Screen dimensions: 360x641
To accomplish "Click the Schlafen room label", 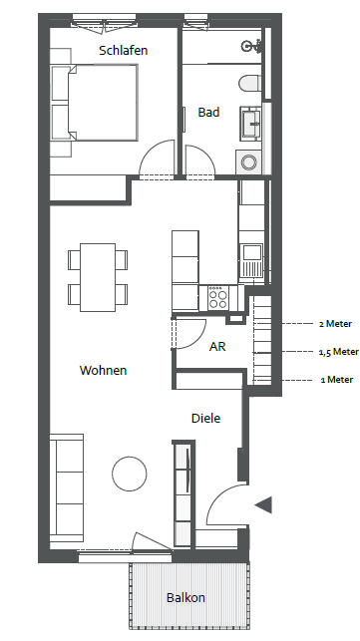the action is tap(123, 51).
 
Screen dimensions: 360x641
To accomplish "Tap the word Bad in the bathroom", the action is tap(208, 112).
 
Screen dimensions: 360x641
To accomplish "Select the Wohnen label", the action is tap(103, 371).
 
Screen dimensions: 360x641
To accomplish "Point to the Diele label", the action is tap(205, 419).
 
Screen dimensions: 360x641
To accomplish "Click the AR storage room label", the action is tap(217, 347).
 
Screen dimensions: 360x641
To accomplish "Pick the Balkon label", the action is tap(185, 598).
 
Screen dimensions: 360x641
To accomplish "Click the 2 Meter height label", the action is tap(335, 324).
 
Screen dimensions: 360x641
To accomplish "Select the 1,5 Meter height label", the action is tap(339, 352).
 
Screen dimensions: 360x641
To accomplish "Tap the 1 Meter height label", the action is tap(337, 380).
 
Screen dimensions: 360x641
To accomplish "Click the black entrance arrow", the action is tap(263, 504).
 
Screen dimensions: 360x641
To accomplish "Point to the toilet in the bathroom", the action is tap(249, 84).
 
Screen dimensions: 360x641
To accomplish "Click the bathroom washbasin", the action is tap(250, 123).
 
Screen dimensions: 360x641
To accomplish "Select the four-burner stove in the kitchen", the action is tap(218, 298).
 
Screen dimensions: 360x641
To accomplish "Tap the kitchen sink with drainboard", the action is tap(250, 261).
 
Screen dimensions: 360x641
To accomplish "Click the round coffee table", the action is tap(130, 474).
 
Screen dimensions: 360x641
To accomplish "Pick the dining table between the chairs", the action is tap(98, 277).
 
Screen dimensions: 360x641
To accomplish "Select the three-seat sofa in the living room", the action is tap(67, 488).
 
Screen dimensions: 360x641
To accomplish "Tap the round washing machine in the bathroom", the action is tap(248, 162).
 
